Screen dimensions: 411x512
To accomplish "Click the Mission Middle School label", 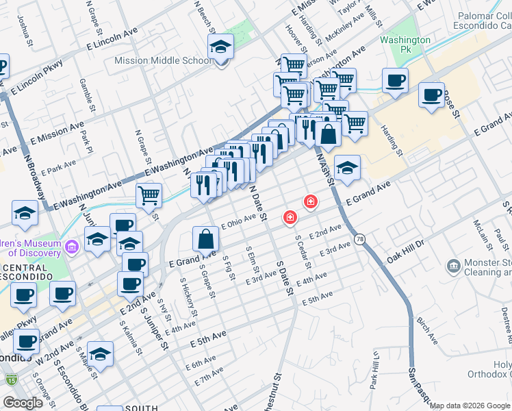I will click(163, 60).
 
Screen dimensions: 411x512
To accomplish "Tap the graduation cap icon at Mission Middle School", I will click(221, 47).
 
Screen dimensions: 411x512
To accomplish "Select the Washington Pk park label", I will click(406, 45).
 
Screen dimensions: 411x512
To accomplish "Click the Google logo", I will click(23, 403).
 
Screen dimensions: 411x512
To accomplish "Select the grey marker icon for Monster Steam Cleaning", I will click(452, 266).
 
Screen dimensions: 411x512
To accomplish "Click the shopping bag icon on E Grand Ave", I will click(205, 240).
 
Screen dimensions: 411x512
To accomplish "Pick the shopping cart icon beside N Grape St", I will click(149, 196).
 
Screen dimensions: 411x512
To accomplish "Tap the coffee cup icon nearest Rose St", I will click(431, 95).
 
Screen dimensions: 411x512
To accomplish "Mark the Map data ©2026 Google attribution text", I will click(470, 406).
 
